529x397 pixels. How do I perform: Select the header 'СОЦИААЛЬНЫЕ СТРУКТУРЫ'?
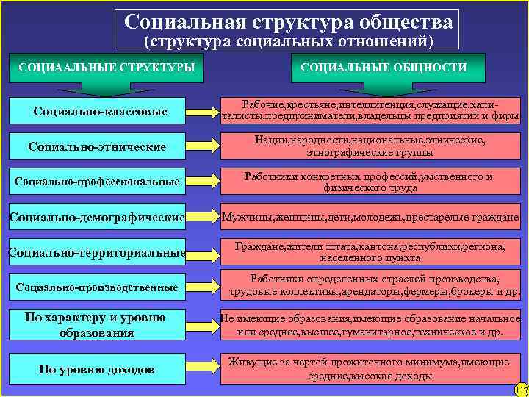tap(107, 68)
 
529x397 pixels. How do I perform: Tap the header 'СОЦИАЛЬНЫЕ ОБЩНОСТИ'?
tap(383, 68)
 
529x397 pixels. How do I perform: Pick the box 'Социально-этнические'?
tap(96, 147)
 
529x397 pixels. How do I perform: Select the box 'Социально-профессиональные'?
tap(96, 182)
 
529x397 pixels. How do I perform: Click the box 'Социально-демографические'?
tap(96, 218)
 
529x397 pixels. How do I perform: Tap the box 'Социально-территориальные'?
tap(96, 253)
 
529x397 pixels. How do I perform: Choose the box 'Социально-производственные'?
tap(96, 287)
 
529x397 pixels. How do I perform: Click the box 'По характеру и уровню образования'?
tap(96, 324)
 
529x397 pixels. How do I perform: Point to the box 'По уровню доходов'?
tap(96, 369)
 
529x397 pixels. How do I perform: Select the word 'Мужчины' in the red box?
tap(250, 218)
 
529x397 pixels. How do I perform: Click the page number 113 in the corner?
tap(521, 390)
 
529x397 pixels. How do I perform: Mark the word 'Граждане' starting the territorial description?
tap(258, 247)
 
